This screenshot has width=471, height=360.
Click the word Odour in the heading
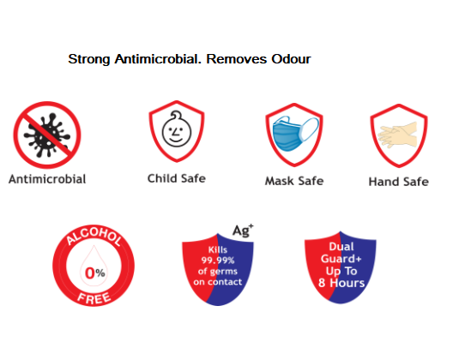(x=291, y=59)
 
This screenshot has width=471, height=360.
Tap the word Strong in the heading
(x=89, y=60)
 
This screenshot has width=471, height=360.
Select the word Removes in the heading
(x=237, y=59)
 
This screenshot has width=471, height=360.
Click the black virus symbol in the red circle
(x=47, y=135)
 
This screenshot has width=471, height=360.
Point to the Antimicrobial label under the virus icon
(x=47, y=179)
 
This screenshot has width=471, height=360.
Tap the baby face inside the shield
(x=177, y=129)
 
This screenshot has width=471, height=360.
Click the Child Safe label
(x=177, y=178)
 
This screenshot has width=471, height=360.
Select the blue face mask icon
(x=295, y=134)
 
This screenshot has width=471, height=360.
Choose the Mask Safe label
(x=294, y=181)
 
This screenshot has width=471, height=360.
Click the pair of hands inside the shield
(x=398, y=135)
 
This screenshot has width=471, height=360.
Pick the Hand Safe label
(x=399, y=182)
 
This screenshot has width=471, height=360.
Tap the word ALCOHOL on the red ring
(x=94, y=236)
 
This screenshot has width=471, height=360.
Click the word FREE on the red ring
(x=94, y=298)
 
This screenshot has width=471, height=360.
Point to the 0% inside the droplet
(x=94, y=273)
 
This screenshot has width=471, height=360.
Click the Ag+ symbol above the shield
(x=243, y=231)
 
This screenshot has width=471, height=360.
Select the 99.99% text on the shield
(x=218, y=260)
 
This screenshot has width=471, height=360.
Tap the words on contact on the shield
(x=217, y=282)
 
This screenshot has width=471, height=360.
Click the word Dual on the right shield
(x=341, y=247)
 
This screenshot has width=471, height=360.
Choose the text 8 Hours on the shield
(x=341, y=283)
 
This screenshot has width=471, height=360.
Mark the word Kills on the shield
(x=218, y=249)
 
